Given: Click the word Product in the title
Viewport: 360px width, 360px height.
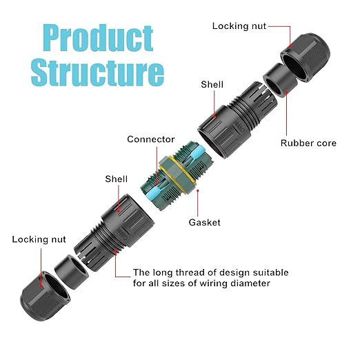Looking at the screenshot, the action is (x=98, y=38).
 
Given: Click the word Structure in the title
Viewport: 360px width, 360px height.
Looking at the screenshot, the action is (x=97, y=72).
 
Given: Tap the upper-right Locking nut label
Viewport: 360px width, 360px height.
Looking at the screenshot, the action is (x=239, y=26).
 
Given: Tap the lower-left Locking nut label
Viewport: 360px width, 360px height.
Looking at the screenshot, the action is (x=39, y=239).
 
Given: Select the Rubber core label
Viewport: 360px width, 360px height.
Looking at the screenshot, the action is (x=308, y=143).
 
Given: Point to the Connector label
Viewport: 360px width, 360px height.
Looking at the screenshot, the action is (x=151, y=139).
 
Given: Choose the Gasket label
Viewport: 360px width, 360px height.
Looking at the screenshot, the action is (x=204, y=222).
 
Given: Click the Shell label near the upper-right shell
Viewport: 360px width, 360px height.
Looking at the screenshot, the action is (x=212, y=84).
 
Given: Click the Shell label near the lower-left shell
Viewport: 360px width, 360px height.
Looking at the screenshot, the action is (x=116, y=179).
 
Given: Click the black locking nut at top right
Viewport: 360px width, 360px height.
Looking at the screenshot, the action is (x=306, y=57).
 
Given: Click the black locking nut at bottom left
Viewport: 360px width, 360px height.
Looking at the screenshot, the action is (x=46, y=296).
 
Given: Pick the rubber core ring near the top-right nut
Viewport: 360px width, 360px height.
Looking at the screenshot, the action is (x=280, y=80).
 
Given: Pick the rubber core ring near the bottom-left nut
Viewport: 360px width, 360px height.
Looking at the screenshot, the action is (x=71, y=271).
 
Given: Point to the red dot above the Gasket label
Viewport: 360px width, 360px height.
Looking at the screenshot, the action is (x=198, y=190).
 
